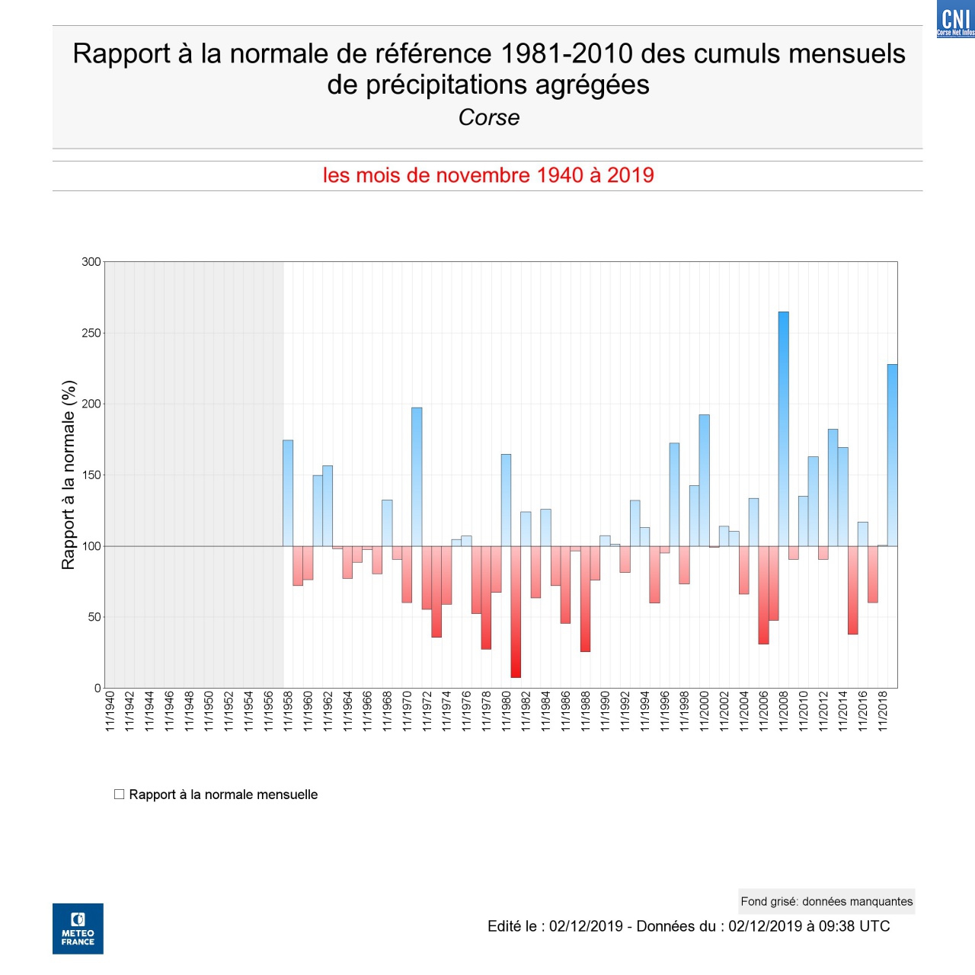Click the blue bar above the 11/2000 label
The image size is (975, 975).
click(x=705, y=480)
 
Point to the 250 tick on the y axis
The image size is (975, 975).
click(x=91, y=333)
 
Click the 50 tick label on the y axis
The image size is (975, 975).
click(x=94, y=617)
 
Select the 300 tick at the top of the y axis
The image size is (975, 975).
click(x=91, y=262)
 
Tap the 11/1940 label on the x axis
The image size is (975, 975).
click(x=110, y=711)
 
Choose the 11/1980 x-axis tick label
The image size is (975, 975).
click(x=506, y=711)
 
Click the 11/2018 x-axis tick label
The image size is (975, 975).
click(x=883, y=711)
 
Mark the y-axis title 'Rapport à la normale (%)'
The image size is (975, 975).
click(x=69, y=475)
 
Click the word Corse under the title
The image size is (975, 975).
click(x=488, y=117)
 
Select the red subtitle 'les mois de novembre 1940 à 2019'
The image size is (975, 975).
click(x=487, y=175)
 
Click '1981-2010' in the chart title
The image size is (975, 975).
click(x=566, y=54)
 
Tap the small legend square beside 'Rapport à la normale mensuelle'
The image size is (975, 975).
click(x=119, y=794)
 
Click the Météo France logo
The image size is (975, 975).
click(x=78, y=929)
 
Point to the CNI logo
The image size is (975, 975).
click(x=955, y=19)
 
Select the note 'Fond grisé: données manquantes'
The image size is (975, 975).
click(x=826, y=901)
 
